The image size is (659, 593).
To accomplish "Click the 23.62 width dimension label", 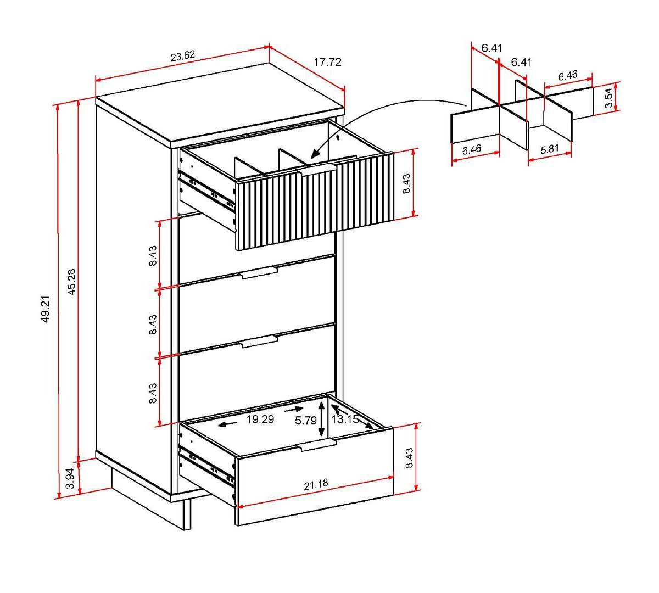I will point(182,56).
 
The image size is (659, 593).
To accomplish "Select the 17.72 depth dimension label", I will point(327,63).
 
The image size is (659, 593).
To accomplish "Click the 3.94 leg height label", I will point(70,478).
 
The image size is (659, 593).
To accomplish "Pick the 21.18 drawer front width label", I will point(315,484).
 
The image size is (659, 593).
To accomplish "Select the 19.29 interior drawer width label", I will point(260,419).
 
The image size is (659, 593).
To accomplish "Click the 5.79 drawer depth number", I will point(305,421).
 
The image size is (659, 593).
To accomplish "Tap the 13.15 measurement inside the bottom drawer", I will point(345,419).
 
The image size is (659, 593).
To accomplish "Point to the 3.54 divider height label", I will point(608,98).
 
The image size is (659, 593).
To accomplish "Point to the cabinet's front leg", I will point(187,514).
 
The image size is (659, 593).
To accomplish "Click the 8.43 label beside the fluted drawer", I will point(406,184).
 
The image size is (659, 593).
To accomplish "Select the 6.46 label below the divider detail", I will point(472,149).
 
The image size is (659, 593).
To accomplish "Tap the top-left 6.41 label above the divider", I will point(492,48).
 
